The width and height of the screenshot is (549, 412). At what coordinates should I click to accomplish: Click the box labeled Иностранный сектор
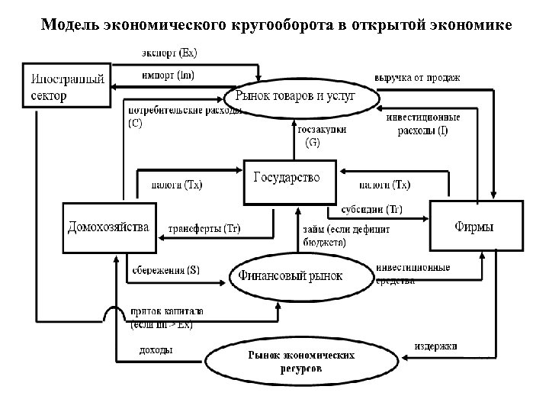click(x=66, y=85)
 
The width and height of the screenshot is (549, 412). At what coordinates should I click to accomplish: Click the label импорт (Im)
click(x=168, y=75)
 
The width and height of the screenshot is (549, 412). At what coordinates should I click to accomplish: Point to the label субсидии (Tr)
click(x=371, y=209)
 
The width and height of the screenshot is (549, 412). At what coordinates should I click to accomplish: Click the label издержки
click(x=436, y=346)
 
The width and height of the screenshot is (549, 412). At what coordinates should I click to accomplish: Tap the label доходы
click(x=156, y=351)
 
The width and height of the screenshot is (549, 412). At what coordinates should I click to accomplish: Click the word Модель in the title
click(x=67, y=25)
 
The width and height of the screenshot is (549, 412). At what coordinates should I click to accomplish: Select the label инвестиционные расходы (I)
click(x=422, y=124)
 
